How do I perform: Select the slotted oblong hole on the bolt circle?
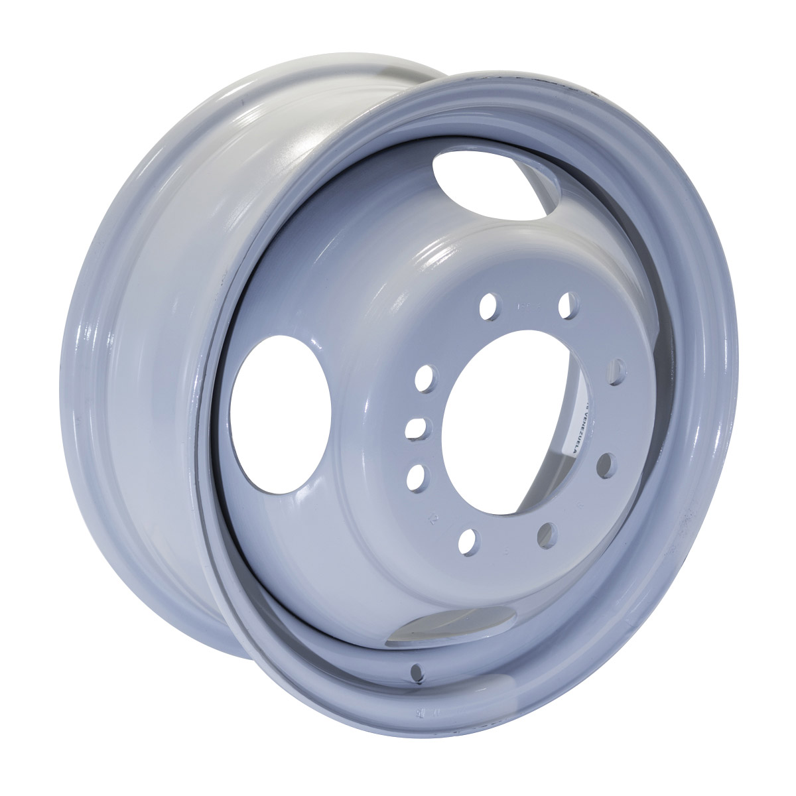pyautogui.click(x=417, y=428)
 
